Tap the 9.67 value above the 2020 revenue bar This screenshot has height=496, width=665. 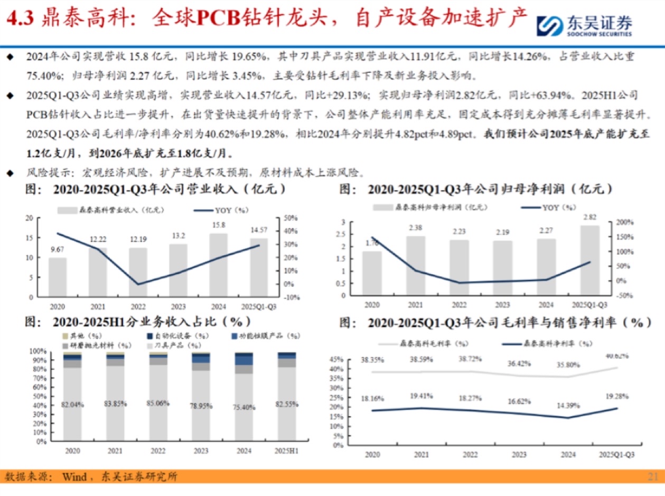pos(58,249)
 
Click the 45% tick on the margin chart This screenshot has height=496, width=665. pos(351,360)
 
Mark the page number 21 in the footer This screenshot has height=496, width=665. pos(653,477)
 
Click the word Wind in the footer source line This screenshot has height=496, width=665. pos(74,477)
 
